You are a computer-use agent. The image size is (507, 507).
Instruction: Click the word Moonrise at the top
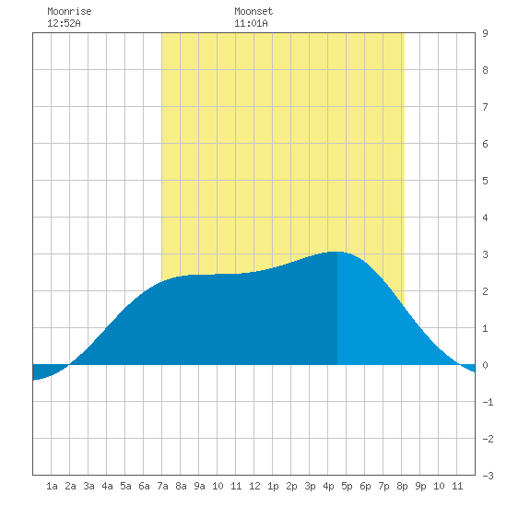tap(69, 11)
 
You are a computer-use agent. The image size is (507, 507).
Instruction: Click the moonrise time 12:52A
tap(64, 23)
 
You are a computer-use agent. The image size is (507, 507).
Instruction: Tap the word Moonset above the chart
tap(253, 11)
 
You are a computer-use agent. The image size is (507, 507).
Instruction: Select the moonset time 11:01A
tap(251, 23)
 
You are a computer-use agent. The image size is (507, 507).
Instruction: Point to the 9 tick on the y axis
tap(485, 33)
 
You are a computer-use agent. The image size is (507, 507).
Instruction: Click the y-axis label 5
tap(485, 181)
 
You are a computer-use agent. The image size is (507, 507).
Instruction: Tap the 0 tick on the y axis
tap(485, 365)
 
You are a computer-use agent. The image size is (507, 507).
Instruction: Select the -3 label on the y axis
tap(488, 476)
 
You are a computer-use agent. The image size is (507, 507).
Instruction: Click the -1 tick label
tap(488, 402)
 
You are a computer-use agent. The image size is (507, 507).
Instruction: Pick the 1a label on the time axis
tap(52, 486)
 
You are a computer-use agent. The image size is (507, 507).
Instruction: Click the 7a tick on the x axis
tap(162, 486)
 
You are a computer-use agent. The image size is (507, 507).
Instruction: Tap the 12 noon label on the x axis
tap(254, 486)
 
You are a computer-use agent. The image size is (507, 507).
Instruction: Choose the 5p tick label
tap(347, 486)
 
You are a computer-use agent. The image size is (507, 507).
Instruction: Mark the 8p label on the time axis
tap(402, 486)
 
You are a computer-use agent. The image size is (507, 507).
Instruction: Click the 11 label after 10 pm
tap(457, 486)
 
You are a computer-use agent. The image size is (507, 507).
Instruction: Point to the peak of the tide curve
tap(336, 252)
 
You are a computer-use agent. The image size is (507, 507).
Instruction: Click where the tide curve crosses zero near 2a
tap(69, 365)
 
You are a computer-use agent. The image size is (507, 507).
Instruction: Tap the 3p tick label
tap(310, 486)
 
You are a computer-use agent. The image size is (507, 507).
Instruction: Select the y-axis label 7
tap(485, 107)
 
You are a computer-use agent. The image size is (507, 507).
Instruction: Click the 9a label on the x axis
tap(199, 486)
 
